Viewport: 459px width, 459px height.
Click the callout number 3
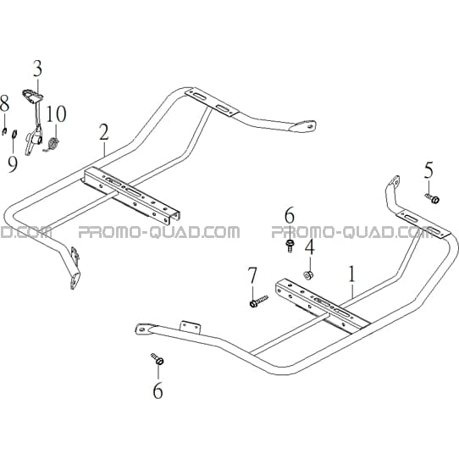coord(37,69)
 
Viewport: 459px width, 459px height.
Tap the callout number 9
coord(13,164)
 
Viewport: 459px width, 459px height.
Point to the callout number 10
coord(56,113)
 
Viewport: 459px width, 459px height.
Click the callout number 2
coord(104,132)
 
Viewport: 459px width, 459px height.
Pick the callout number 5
coord(429,170)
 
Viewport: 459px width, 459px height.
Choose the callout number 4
coord(310,246)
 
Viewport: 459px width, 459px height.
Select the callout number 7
coord(252,275)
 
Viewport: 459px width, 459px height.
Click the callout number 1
coord(352,274)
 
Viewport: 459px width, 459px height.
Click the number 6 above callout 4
coord(290,215)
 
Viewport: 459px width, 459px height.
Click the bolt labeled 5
coord(433,198)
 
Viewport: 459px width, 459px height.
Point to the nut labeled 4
coord(308,275)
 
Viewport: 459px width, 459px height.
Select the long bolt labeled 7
coord(259,301)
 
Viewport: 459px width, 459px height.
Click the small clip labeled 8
coord(4,131)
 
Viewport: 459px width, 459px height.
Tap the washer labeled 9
coord(14,135)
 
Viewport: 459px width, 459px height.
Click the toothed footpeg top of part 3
coord(33,95)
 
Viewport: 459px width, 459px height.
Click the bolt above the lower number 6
coord(158,359)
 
